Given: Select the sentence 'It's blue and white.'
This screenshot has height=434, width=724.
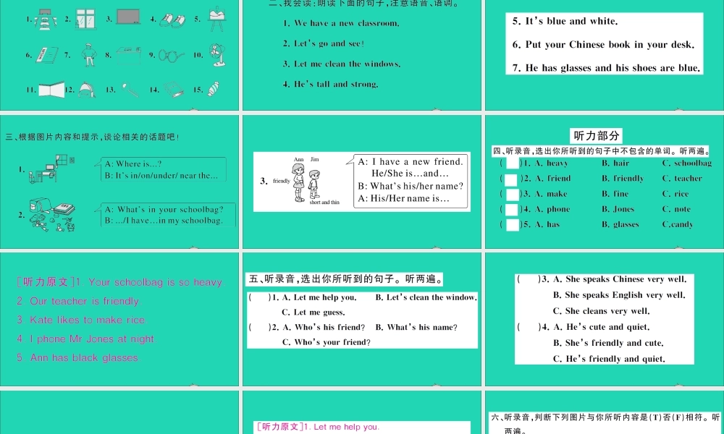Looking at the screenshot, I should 565,22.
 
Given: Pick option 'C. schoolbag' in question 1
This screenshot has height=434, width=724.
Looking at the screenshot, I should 687,163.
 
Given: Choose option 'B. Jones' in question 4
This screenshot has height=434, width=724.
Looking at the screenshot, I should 618,209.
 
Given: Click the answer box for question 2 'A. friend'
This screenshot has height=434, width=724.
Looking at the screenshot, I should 512,179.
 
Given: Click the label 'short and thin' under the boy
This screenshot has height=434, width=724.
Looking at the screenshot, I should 324,203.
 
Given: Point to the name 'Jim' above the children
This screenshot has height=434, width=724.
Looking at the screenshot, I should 314,158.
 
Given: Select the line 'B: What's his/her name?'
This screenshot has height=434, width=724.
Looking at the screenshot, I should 411,186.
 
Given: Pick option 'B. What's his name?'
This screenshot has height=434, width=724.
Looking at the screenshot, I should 416,328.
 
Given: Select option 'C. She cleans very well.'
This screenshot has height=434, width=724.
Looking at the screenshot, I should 601,311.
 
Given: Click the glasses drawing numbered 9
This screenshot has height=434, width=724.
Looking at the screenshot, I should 172,54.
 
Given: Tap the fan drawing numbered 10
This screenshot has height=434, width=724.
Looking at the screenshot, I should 216,54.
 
